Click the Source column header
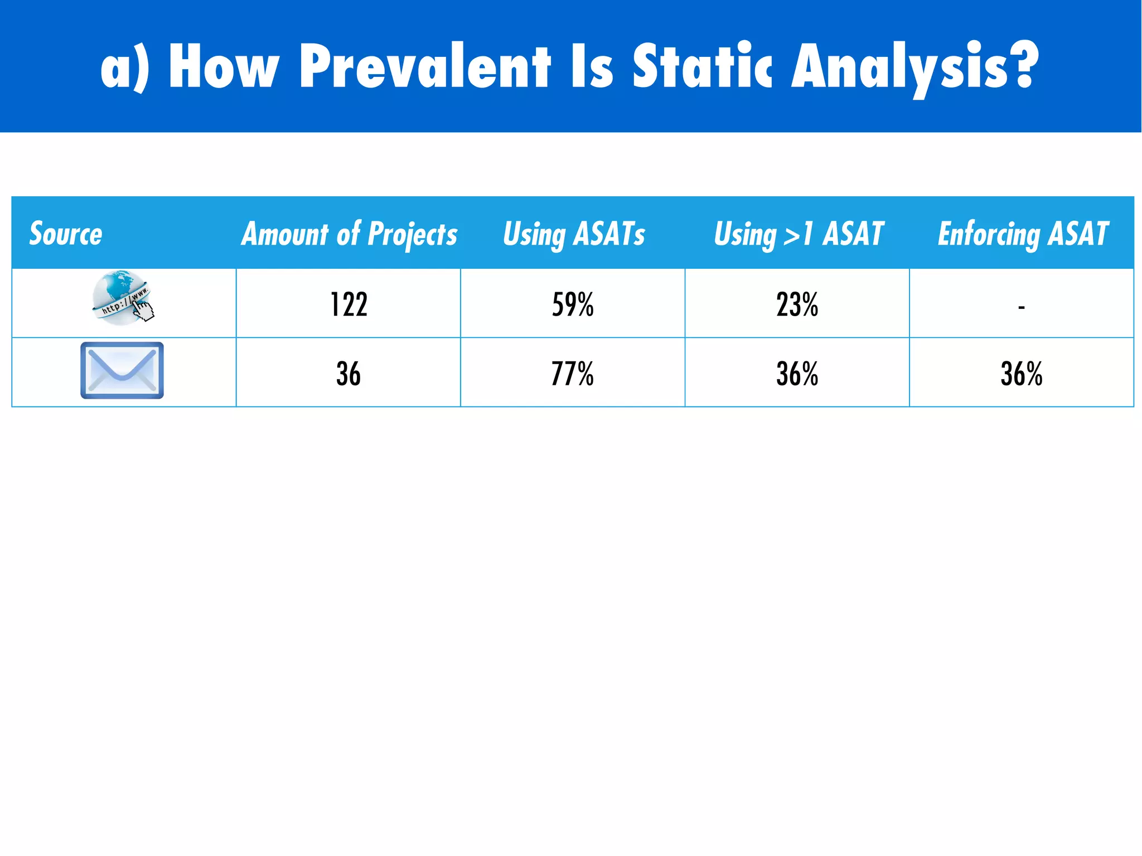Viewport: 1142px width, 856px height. [x=66, y=233]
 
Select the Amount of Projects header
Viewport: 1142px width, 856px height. [x=349, y=234]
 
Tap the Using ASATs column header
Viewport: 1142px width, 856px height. [x=574, y=234]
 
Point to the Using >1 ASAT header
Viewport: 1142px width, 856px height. [x=799, y=234]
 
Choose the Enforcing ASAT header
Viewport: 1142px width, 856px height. [x=1023, y=234]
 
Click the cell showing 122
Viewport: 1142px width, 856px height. [x=349, y=304]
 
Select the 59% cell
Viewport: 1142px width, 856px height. [x=573, y=304]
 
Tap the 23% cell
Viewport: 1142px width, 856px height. [x=797, y=304]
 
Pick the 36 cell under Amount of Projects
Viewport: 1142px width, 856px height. [x=349, y=374]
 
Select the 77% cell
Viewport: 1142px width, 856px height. [x=573, y=374]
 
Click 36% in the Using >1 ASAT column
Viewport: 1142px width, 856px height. [x=797, y=374]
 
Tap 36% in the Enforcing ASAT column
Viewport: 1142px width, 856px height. [x=1021, y=374]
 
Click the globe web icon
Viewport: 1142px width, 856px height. [x=120, y=297]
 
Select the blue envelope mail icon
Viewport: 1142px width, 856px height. [x=122, y=370]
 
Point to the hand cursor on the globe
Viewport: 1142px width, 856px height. [x=144, y=310]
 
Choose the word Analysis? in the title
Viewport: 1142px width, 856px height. [x=914, y=67]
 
